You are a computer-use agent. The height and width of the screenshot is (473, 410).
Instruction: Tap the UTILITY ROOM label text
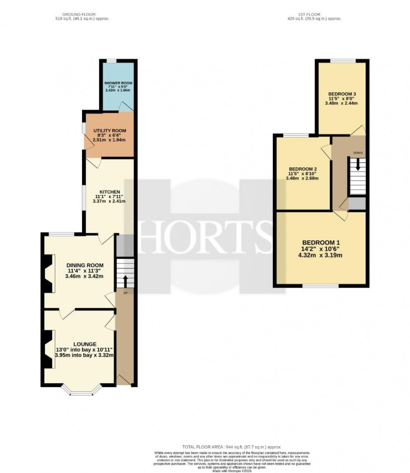pyautogui.click(x=110, y=130)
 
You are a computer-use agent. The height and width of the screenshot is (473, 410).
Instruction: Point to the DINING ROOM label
pyautogui.click(x=85, y=265)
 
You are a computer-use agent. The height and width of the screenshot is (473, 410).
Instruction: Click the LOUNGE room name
pyautogui.click(x=84, y=344)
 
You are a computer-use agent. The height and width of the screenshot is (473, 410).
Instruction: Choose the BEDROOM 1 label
pyautogui.click(x=321, y=243)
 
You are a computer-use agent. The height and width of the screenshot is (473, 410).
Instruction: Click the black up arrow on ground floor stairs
pyautogui.click(x=125, y=280)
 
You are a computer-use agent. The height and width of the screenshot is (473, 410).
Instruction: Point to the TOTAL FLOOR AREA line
pyautogui.click(x=231, y=447)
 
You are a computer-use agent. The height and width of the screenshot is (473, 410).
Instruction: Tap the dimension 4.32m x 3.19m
pyautogui.click(x=321, y=255)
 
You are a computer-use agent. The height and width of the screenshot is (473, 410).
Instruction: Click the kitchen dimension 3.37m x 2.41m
pyautogui.click(x=110, y=201)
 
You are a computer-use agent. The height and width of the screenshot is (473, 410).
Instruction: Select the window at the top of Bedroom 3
pyautogui.click(x=343, y=61)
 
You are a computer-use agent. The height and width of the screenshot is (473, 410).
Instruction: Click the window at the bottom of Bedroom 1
pyautogui.click(x=320, y=286)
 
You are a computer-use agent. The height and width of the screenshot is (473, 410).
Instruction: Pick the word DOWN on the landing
pyautogui.click(x=358, y=153)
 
